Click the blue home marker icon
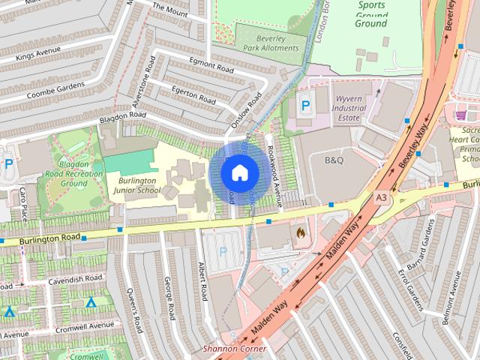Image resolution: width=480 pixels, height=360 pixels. point(238,173)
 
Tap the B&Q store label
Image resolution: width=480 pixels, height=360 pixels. point(333,160)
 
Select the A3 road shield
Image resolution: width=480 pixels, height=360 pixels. point(382,196)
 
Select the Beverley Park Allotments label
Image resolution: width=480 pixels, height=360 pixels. point(268,42)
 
